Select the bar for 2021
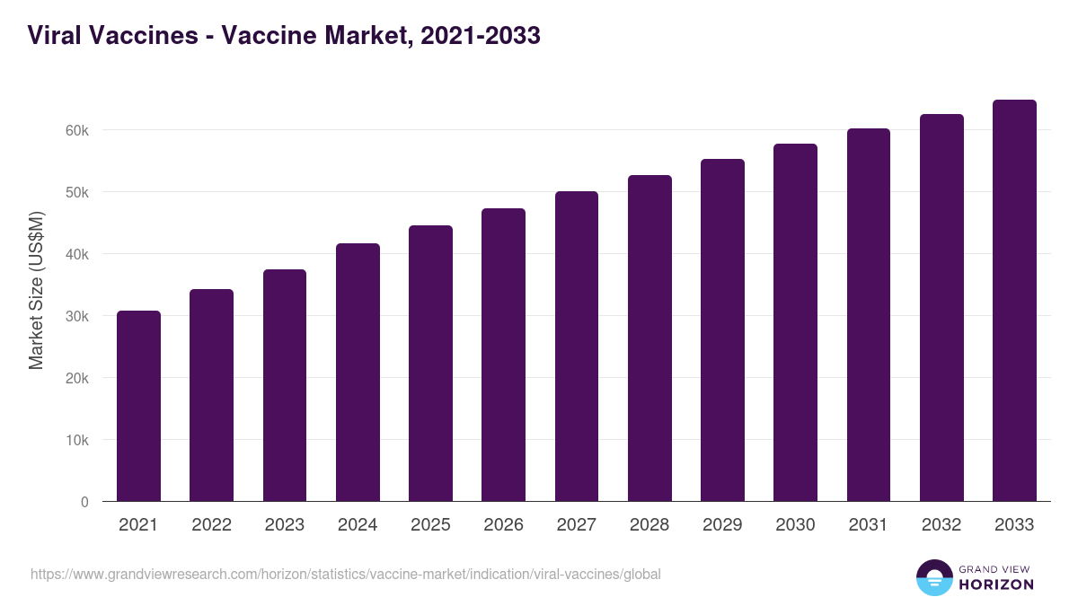(138, 406)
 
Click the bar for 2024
(358, 373)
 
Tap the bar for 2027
(577, 347)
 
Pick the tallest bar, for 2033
(1014, 301)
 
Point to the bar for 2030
(795, 322)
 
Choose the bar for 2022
(211, 395)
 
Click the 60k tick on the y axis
(77, 130)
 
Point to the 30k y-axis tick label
(77, 316)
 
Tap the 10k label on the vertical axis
(77, 440)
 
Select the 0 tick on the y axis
(84, 502)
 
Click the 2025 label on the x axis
(430, 525)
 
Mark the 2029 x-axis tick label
(722, 525)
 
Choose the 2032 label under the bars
(941, 525)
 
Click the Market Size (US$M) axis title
(36, 289)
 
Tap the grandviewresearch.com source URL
(346, 574)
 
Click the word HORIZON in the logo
(996, 584)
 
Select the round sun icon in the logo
(933, 577)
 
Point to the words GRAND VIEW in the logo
(996, 568)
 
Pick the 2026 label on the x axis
(503, 525)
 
